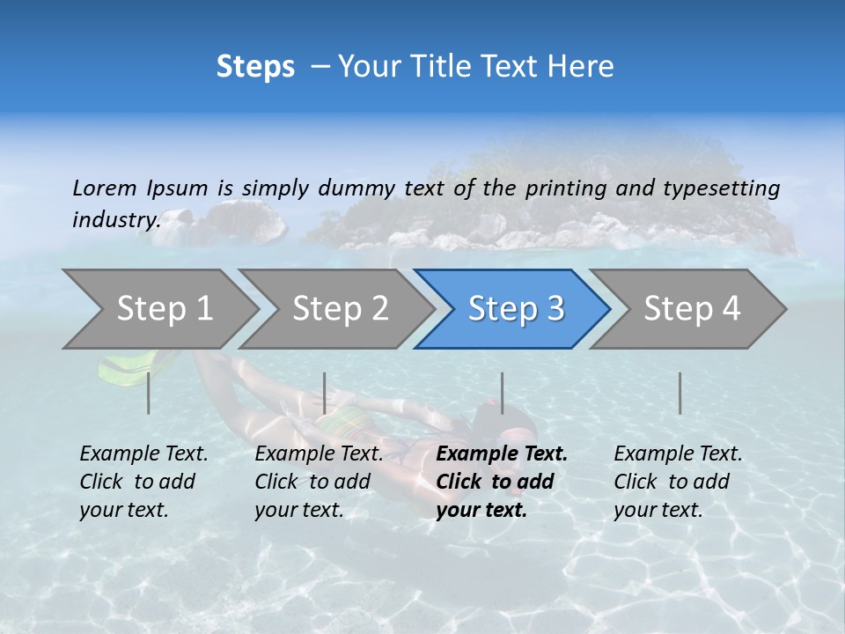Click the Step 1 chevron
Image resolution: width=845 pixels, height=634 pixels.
(158, 309)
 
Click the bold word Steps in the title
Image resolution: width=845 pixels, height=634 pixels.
(255, 67)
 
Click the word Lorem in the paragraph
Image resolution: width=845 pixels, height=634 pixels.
(105, 188)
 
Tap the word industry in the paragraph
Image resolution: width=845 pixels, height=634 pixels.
(115, 219)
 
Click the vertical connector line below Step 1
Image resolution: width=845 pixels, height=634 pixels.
(148, 393)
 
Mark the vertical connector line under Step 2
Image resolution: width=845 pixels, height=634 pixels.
(325, 393)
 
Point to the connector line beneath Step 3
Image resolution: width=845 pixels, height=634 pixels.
(502, 393)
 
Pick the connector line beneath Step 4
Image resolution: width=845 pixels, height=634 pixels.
(680, 393)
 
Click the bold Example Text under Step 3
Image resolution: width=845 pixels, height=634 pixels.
(502, 454)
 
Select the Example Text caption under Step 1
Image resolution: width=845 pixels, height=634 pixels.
(143, 454)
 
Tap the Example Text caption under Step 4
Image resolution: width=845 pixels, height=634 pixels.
(678, 454)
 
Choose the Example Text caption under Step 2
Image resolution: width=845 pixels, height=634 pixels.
(319, 454)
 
